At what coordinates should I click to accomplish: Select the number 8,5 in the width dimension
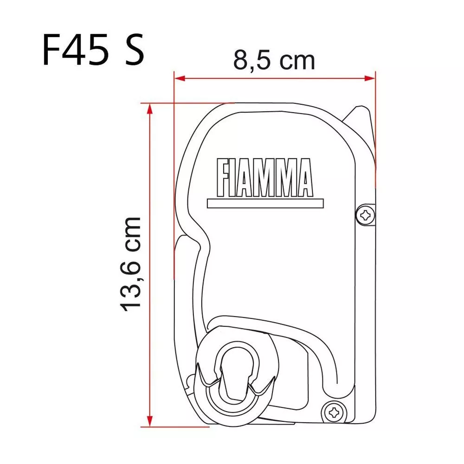(251, 60)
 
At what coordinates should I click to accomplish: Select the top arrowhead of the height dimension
(149, 108)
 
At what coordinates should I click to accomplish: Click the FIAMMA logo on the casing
(264, 178)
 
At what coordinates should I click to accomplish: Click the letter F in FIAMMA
(224, 178)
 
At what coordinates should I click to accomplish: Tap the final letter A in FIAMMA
(303, 178)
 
